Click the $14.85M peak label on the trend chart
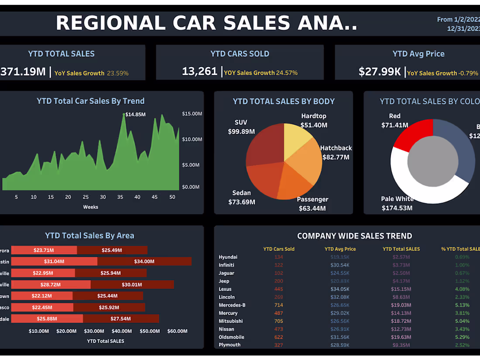tap(135, 114)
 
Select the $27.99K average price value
tap(380, 72)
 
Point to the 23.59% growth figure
tap(118, 73)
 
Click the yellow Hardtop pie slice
tap(297, 137)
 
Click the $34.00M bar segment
tap(144, 261)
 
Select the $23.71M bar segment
tap(44, 250)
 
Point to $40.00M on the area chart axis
tap(121, 331)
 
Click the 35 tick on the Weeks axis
tap(120, 197)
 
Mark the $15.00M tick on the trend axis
tap(192, 114)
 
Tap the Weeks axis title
tap(91, 207)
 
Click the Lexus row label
tap(225, 289)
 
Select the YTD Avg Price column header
tap(340, 249)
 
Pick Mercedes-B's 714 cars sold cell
tap(278, 305)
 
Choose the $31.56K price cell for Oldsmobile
tap(340, 337)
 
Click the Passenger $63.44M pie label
tap(312, 204)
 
